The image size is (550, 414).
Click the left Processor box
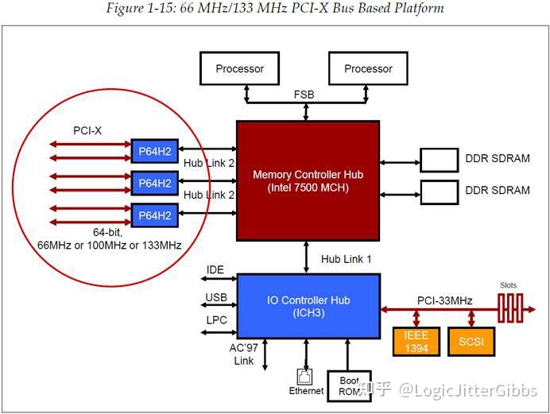[239, 68]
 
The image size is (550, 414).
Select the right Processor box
[368, 68]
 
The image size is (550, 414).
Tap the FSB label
[304, 95]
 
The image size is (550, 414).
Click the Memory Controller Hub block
[308, 180]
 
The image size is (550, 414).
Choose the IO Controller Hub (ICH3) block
[308, 306]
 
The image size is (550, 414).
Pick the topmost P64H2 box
[156, 152]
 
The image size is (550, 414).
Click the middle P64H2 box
[156, 184]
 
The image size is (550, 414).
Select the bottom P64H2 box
[156, 215]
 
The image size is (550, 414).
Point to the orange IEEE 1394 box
[416, 342]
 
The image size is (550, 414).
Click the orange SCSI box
[471, 342]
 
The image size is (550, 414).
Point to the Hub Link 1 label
[347, 259]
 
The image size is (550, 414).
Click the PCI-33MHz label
[445, 300]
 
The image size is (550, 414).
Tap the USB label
[216, 298]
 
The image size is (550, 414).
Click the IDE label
[215, 270]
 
